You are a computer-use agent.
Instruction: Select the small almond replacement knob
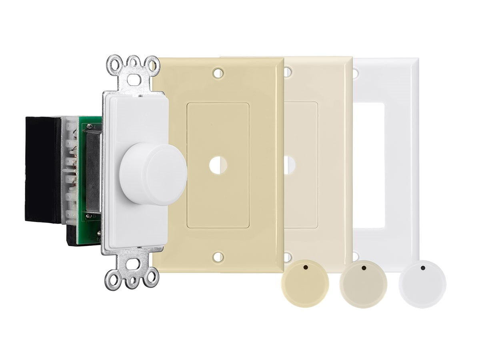click(x=363, y=285)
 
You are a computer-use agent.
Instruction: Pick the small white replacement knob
click(x=422, y=285)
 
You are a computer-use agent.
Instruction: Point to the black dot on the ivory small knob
click(x=306, y=266)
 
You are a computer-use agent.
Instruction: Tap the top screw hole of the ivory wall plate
click(x=218, y=74)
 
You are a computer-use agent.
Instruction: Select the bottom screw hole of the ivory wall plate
click(x=218, y=255)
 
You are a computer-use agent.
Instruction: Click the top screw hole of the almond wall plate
click(x=286, y=73)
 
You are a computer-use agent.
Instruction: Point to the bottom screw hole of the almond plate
click(x=286, y=256)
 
